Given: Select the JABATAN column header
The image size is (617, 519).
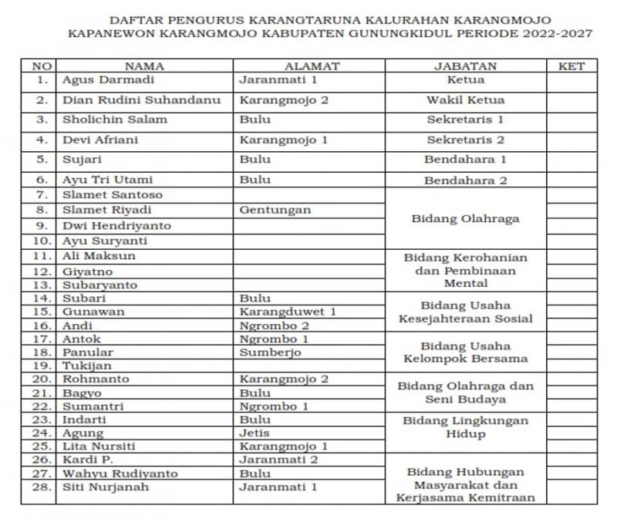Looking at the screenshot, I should coord(465,66).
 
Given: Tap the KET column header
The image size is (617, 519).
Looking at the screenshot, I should coord(571,66).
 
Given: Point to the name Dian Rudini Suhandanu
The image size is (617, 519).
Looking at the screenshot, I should coord(141,100).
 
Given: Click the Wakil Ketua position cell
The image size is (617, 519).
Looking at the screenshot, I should coord(465,100).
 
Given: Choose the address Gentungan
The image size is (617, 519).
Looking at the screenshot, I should coord(275,210).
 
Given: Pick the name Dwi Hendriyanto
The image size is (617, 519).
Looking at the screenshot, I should coord(116,226).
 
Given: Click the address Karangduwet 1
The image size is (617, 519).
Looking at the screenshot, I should coord(288,312).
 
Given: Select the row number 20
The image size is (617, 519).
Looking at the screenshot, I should coord(43,379).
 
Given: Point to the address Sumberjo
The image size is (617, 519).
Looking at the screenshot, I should coord(270,352).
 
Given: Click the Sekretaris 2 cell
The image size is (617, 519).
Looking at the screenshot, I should coord(465,140).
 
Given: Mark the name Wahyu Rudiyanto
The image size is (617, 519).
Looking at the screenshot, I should coord(120,474).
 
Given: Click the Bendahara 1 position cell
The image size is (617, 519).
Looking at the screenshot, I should coord(465,160).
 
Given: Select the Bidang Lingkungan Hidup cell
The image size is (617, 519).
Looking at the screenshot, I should coord(465,427).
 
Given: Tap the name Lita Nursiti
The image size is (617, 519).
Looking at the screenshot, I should coord(99,447).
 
